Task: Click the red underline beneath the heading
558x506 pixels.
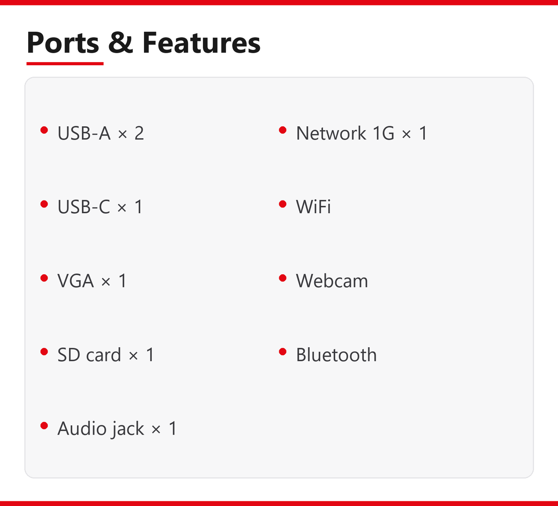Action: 65,64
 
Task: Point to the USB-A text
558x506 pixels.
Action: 84,133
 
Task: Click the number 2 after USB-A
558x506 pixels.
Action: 139,133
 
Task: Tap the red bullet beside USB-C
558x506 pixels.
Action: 44,204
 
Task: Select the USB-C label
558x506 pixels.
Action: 84,207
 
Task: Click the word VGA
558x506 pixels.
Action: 75,280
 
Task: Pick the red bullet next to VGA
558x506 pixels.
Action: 44,278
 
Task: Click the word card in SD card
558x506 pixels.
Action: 103,355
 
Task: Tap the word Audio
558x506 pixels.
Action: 81,428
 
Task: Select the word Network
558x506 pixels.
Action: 331,133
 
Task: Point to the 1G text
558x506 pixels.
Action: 383,133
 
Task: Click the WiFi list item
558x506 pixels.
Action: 314,207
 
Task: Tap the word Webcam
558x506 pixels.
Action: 332,280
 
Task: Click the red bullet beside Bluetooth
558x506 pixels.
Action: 283,352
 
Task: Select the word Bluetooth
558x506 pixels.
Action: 336,355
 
